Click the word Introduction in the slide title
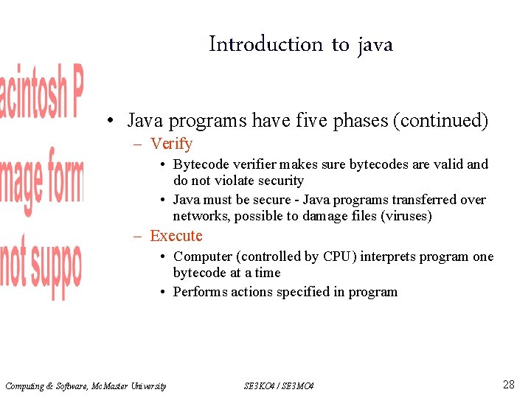[x=266, y=44]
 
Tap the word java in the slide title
[x=375, y=45]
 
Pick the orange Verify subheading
[x=171, y=144]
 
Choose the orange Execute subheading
[x=176, y=236]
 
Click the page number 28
[x=508, y=384]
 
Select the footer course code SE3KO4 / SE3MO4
[x=278, y=386]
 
